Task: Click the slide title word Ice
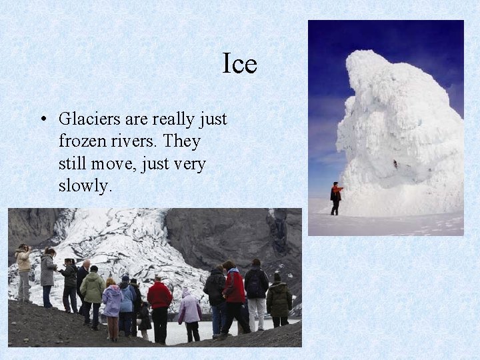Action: pyautogui.click(x=239, y=64)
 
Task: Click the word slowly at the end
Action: pyautogui.click(x=85, y=186)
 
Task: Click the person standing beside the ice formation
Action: pyautogui.click(x=336, y=198)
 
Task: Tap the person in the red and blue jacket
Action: pyautogui.click(x=234, y=293)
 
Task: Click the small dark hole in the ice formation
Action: pyautogui.click(x=395, y=163)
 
